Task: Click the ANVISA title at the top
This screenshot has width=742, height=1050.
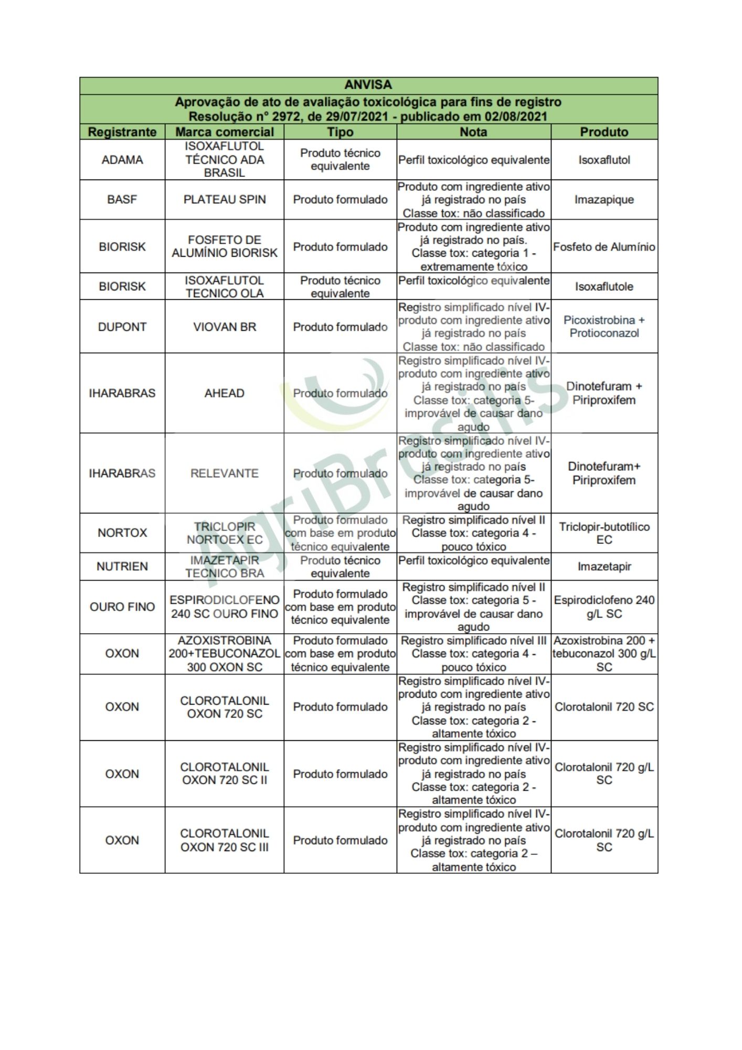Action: [368, 85]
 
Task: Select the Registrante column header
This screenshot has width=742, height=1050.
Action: [122, 132]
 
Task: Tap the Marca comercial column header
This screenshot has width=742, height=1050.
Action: [225, 132]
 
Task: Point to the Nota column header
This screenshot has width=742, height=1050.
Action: [473, 132]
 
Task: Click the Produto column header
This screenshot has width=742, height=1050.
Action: [604, 132]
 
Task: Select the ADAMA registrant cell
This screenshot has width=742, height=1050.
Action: [122, 160]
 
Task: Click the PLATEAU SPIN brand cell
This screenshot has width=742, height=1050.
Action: [225, 199]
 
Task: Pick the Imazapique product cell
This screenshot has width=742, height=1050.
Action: [604, 199]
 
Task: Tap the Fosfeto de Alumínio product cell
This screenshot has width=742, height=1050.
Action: [604, 247]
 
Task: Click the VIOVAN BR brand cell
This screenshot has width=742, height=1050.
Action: [225, 327]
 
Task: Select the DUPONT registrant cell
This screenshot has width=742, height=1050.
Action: [122, 327]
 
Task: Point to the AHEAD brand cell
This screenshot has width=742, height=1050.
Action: [225, 393]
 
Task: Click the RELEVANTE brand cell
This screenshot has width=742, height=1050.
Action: [225, 473]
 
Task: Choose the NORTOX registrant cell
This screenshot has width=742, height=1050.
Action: [122, 533]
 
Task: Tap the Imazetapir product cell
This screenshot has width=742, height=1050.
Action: [604, 566]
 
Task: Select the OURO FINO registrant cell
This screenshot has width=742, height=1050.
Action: [122, 607]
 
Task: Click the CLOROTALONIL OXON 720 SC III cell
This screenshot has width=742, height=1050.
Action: [225, 840]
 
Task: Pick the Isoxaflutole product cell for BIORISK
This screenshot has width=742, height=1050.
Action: [604, 287]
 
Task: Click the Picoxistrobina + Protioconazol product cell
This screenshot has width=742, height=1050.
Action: [604, 327]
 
